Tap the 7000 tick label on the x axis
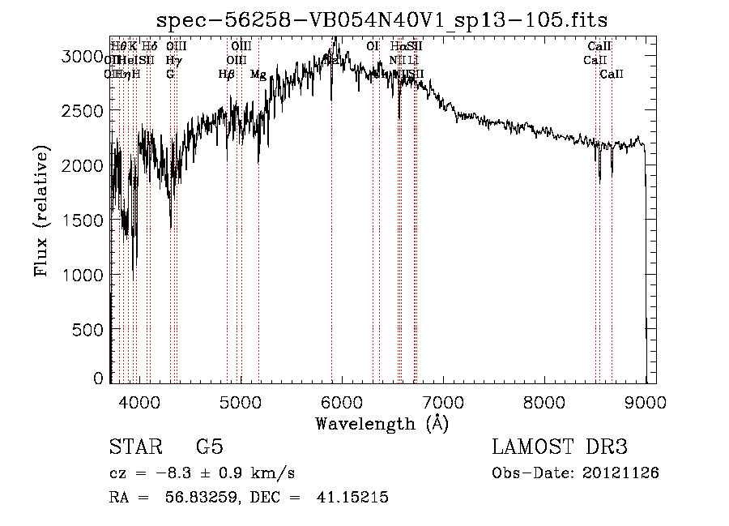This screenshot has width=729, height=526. [x=443, y=401]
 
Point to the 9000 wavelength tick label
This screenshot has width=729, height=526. [x=646, y=401]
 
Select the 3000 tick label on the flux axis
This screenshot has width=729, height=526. [x=83, y=56]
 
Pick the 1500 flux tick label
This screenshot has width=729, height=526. [x=83, y=220]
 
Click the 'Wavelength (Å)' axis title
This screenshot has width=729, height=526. [x=382, y=423]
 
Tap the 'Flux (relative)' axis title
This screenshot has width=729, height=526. [x=42, y=213]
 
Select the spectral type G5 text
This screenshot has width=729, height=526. [x=210, y=447]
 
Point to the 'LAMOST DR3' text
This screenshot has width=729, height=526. [x=560, y=447]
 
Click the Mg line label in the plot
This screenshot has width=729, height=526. [x=258, y=75]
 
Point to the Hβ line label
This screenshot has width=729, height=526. [x=227, y=75]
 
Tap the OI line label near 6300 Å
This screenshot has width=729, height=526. [x=373, y=46]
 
